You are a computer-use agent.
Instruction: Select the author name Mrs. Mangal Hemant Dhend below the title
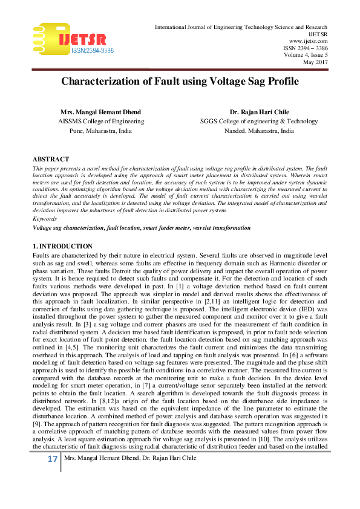coord(100,112)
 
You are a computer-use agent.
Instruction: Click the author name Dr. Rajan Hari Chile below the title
coord(259,112)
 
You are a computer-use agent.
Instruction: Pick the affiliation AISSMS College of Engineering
coord(100,121)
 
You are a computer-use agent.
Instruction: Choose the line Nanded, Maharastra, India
coord(259,130)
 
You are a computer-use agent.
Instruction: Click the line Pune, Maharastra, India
coord(100,130)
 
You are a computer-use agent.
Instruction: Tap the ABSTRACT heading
coord(51,159)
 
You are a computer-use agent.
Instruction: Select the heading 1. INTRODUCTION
coord(63,246)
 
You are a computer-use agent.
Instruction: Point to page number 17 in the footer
coord(53,476)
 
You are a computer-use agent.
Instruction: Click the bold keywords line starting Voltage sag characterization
coord(142,228)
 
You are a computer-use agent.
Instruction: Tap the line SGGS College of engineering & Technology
coord(259,121)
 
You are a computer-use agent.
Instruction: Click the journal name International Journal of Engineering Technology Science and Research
coord(241,27)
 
